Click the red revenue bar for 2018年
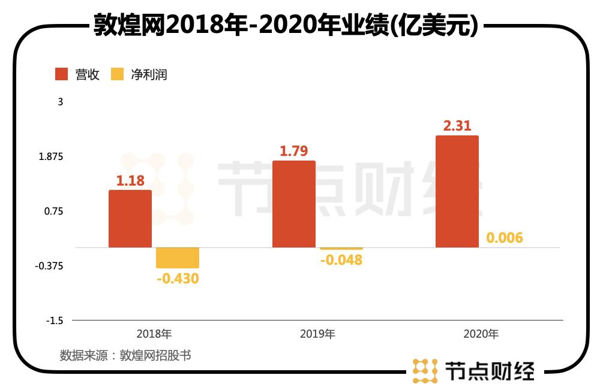click(x=130, y=219)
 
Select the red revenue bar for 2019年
click(x=293, y=204)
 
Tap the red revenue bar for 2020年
click(x=457, y=191)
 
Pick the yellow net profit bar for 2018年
click(x=177, y=258)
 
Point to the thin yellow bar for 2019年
click(x=341, y=249)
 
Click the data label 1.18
click(x=130, y=180)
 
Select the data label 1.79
click(x=294, y=151)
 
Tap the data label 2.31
click(x=457, y=126)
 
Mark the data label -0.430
click(x=177, y=279)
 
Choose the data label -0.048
click(x=341, y=260)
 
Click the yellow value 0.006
click(x=505, y=238)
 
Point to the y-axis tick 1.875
click(x=51, y=156)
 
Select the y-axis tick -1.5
click(x=55, y=321)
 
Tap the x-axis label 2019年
click(x=317, y=334)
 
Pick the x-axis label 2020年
click(x=481, y=334)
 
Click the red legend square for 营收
click(x=62, y=74)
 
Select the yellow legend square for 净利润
click(x=117, y=74)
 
